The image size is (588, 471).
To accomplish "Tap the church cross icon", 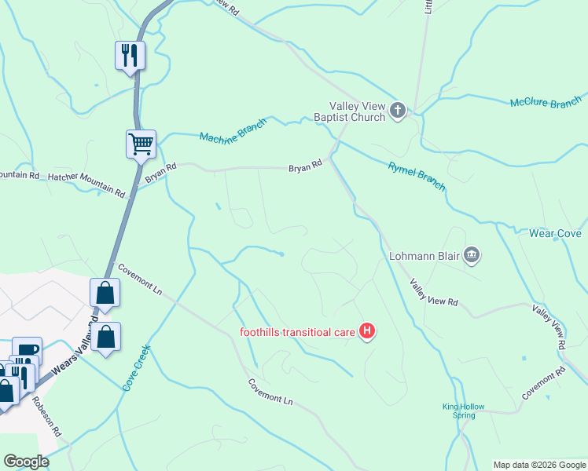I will tap(398, 111).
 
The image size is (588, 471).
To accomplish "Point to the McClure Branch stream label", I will tap(545, 104).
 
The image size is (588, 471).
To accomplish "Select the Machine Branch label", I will tap(233, 133).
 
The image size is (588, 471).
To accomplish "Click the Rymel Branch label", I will tap(417, 177).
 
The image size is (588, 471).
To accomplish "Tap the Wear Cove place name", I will tap(554, 234).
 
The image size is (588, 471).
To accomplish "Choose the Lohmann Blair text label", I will tap(424, 255).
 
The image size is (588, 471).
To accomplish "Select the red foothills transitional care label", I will tap(297, 332).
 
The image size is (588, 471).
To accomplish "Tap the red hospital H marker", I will tap(366, 332).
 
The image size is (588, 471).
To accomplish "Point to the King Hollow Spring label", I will tap(463, 411).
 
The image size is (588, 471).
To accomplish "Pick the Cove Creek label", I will tap(135, 368).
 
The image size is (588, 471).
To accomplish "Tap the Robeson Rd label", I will tap(46, 416).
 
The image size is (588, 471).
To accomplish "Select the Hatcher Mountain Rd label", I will tap(86, 184).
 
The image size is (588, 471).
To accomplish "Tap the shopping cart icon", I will tap(141, 144).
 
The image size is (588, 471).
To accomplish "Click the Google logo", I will tap(25, 462).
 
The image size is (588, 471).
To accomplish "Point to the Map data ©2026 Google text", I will tap(539, 465).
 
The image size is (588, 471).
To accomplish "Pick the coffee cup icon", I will tap(27, 350).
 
